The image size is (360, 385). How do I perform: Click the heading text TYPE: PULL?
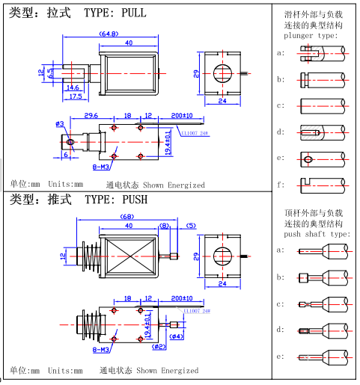[x=110, y=13]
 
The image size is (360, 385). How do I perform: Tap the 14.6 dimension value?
[x=73, y=88]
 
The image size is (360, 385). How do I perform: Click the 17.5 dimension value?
[x=75, y=96]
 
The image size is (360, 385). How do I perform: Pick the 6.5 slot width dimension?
[x=50, y=73]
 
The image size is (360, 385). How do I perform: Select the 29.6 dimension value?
[x=91, y=116]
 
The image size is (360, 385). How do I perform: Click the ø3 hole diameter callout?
[x=59, y=124]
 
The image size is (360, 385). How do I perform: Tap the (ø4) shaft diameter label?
[x=177, y=336]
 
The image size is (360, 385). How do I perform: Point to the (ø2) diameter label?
[x=159, y=347]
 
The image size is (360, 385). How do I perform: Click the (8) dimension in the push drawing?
[x=165, y=226]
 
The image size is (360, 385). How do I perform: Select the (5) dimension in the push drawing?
[x=190, y=226]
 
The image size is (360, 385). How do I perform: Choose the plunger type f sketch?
[x=322, y=184]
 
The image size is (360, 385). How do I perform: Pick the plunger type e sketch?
[x=322, y=158]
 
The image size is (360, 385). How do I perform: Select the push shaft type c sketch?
[x=322, y=304]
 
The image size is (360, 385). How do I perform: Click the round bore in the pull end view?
[x=222, y=73]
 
